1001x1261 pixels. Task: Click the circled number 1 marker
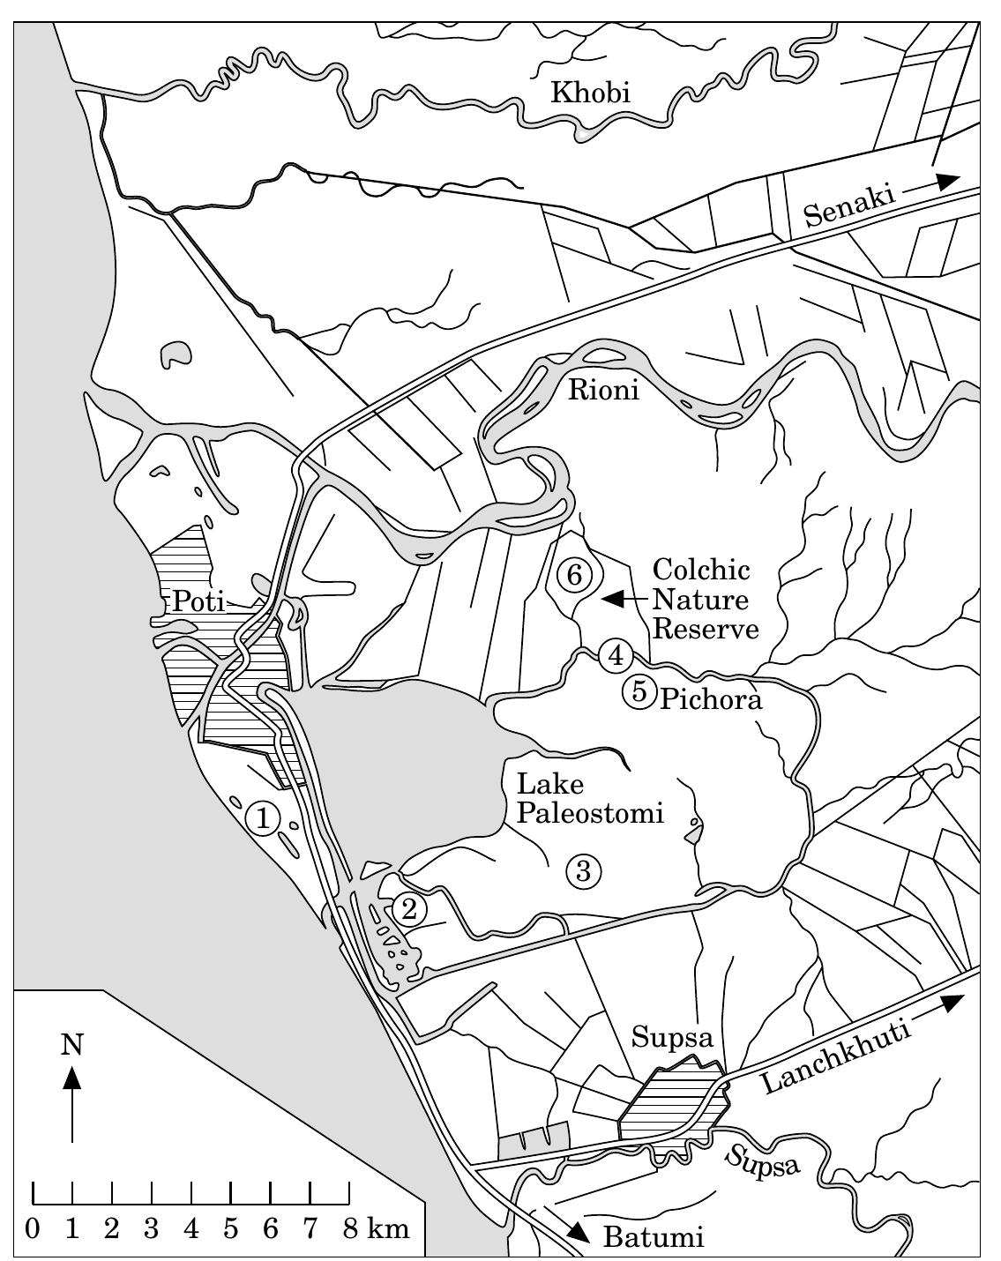pos(263,817)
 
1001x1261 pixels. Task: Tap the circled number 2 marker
pos(408,907)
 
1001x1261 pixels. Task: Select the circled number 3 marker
pos(583,870)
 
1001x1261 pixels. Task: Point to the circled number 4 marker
pos(616,655)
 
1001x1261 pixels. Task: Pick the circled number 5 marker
pos(638,692)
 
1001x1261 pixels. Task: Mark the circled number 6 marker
pos(573,575)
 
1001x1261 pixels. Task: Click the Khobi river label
pos(590,93)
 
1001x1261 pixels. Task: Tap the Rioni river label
pos(603,389)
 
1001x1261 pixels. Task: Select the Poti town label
pos(198,601)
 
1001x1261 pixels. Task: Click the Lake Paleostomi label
pos(588,797)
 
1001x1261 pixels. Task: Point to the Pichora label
pos(710,700)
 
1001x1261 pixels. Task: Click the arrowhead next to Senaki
pos(947,181)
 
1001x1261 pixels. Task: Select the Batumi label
pos(653,1238)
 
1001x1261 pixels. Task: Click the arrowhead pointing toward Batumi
pos(579,1232)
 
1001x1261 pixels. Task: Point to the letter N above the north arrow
pos(71,1045)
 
